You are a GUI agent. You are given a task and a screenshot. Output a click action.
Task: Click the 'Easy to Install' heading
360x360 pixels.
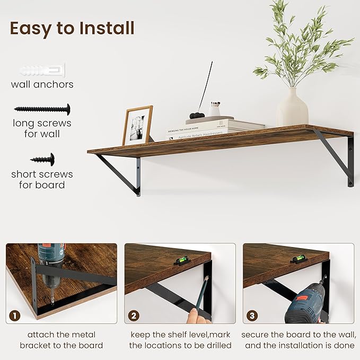click(x=72, y=28)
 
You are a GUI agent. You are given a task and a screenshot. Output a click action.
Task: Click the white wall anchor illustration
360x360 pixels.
click(x=42, y=70)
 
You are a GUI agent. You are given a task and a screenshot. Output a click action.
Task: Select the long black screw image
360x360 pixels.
click(x=42, y=109)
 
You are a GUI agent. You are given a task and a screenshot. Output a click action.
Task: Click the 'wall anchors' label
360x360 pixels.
click(x=42, y=84)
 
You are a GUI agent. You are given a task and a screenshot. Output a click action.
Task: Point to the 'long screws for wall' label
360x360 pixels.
click(x=42, y=129)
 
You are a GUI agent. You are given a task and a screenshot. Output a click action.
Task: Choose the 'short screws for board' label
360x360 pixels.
click(x=42, y=179)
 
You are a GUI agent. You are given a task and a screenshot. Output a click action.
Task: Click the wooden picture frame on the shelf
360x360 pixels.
click(x=137, y=125)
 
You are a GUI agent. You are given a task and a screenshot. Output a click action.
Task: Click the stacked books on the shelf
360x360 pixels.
click(x=215, y=128)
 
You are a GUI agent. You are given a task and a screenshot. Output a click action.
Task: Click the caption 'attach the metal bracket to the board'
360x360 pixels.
click(x=62, y=340)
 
